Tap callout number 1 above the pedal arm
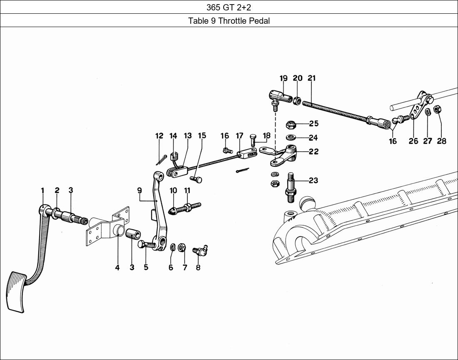(x=42, y=191)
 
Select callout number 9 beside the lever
(x=139, y=191)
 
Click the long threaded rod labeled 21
(x=337, y=112)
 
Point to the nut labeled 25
(x=291, y=124)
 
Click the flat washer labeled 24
(x=291, y=137)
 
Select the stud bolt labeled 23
(x=291, y=187)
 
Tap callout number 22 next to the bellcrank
(x=314, y=152)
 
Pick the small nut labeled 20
(x=297, y=100)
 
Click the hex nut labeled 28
(x=437, y=110)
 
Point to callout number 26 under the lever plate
(x=413, y=141)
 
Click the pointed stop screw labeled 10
(x=174, y=210)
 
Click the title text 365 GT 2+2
(x=229, y=7)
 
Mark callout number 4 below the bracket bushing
(x=117, y=267)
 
